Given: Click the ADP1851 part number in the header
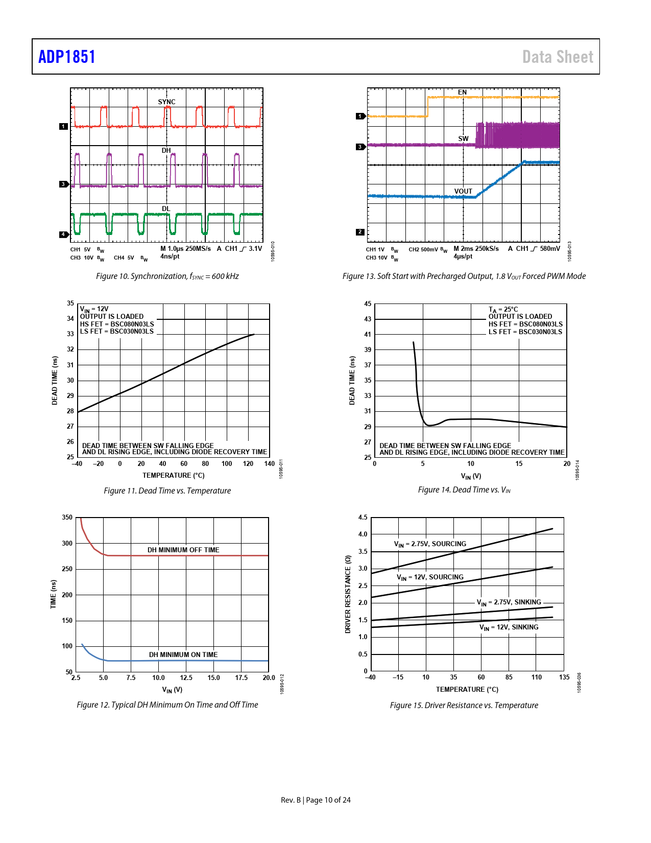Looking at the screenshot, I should click(x=67, y=57).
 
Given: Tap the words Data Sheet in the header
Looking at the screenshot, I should click(x=558, y=57).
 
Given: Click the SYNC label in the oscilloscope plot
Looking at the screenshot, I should click(x=166, y=102).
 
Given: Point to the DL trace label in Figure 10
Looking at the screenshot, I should click(x=166, y=208).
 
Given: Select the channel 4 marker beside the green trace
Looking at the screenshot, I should click(x=63, y=235).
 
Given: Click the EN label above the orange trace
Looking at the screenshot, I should click(x=462, y=92).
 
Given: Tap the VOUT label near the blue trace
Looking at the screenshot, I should click(x=463, y=191).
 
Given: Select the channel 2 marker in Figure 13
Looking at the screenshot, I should click(x=360, y=232).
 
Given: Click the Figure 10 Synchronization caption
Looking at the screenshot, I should click(x=167, y=276).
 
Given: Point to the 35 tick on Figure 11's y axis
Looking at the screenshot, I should click(x=70, y=303).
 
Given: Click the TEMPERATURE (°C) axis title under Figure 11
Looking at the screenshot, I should click(x=173, y=475).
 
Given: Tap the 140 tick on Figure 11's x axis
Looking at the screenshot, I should click(x=269, y=464).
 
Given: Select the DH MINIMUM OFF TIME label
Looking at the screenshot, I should click(x=183, y=550).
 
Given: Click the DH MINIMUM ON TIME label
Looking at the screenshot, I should click(x=183, y=654).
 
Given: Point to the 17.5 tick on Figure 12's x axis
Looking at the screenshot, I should click(x=241, y=677).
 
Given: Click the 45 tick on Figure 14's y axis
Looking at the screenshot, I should click(x=368, y=303).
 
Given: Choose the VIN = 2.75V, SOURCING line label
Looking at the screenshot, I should click(x=430, y=544).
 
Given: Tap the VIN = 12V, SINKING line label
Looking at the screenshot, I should click(x=509, y=627).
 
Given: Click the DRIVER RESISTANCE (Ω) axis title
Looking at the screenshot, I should click(x=348, y=594).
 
